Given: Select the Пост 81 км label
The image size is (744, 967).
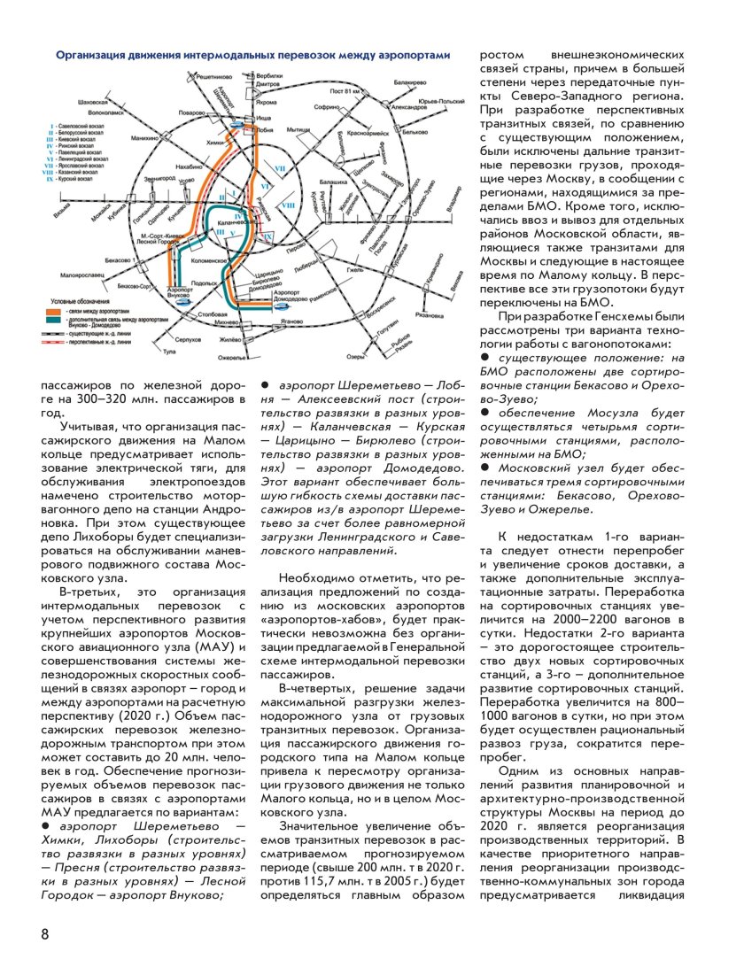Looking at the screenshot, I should click(x=344, y=92).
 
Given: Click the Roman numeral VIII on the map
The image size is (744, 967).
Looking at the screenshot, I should click(x=288, y=205).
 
